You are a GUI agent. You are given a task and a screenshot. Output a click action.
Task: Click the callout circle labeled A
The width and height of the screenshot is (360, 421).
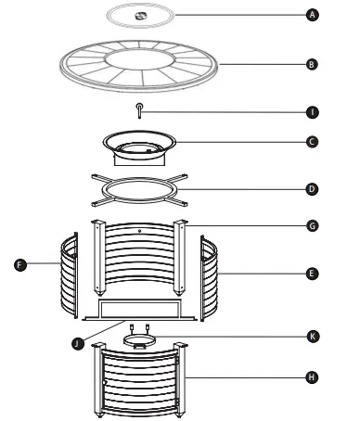click(x=312, y=16)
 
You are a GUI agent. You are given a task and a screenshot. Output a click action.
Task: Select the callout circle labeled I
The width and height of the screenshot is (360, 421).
click(x=312, y=111)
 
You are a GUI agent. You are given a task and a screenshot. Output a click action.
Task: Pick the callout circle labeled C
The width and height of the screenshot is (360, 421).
click(x=312, y=142)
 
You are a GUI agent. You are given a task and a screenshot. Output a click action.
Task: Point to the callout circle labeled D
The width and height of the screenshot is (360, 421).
click(x=312, y=189)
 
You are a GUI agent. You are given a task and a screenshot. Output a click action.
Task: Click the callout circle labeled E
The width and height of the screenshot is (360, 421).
click(x=312, y=275)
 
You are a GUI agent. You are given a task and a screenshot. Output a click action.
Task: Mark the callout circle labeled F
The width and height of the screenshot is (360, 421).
click(x=18, y=264)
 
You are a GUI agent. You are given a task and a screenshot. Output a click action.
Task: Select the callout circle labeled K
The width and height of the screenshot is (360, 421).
click(x=312, y=336)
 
